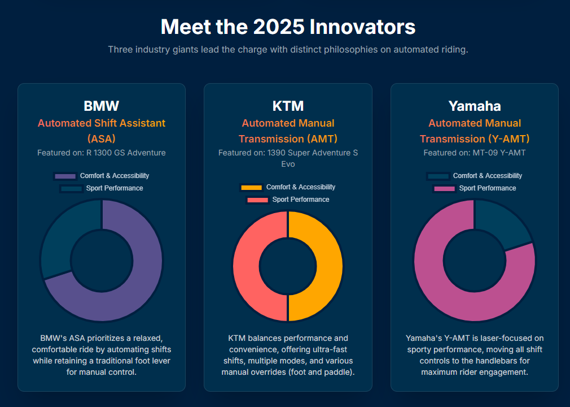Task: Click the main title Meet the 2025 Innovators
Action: pos(288,27)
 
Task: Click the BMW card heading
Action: pos(102,106)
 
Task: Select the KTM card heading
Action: pos(288,106)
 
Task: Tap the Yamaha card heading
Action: pos(475,106)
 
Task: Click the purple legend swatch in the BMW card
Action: pos(65,176)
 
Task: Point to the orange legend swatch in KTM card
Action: pos(251,188)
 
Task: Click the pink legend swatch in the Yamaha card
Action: pos(444,188)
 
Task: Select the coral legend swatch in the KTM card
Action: pos(257,200)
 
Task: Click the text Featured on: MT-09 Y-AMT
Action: pos(475,153)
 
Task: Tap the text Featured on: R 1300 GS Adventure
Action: pos(102,153)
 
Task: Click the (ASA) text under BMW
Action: pos(102,138)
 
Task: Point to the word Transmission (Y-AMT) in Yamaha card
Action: pos(475,138)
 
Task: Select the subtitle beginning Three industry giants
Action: pos(288,49)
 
